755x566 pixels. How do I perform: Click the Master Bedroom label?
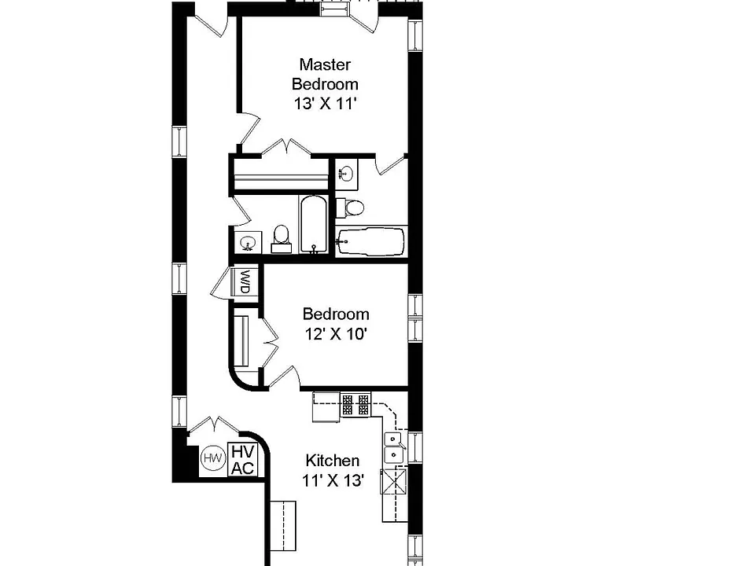point(325,74)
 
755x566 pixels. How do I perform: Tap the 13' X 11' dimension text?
point(325,104)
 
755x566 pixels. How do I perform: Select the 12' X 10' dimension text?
point(336,333)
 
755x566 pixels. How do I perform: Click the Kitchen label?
point(332,461)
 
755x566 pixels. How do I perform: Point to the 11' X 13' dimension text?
point(332,480)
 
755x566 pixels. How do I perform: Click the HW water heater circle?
point(212,458)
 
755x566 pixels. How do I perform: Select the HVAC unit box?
point(243,460)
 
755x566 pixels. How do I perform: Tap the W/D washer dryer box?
point(245,282)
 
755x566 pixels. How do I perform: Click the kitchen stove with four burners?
point(355,404)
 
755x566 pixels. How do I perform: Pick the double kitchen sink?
point(394,447)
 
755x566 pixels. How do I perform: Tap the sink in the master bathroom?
point(346,172)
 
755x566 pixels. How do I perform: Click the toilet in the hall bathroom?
point(281,239)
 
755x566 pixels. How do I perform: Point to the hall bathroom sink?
point(249,242)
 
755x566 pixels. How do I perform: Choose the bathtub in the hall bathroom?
point(314,224)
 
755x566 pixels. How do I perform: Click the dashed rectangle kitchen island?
point(282,526)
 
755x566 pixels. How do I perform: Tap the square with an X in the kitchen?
point(394,481)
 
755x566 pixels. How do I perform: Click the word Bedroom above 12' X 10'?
point(336,314)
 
